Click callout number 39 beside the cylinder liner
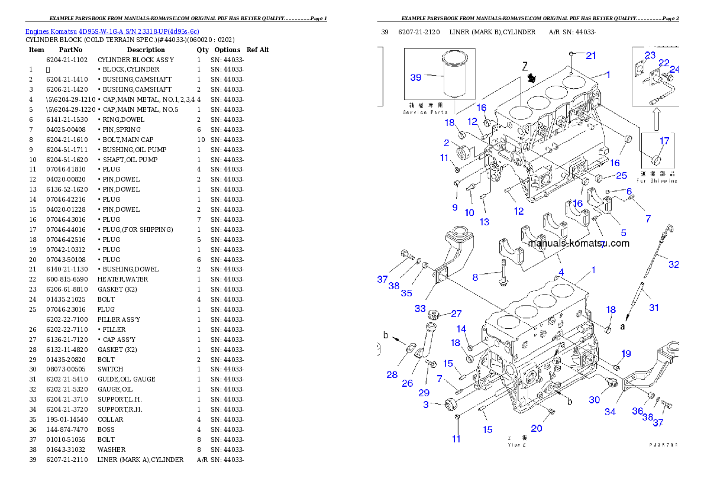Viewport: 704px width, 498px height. [416, 77]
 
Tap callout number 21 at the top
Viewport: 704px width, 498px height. [591, 56]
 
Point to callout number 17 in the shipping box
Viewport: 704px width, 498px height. [664, 141]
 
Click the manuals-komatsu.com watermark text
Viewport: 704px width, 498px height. [579, 243]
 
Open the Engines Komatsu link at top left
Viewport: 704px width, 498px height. [112, 31]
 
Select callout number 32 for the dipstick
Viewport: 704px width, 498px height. [673, 264]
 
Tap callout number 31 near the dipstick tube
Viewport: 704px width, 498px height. [653, 308]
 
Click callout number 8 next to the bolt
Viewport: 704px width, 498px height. [474, 277]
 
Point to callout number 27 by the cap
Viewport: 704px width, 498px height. [456, 313]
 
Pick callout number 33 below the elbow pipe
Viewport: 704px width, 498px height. [420, 308]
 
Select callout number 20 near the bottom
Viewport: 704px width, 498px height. [536, 428]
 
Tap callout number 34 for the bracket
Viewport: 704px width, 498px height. [610, 412]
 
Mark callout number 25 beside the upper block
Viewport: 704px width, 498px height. [621, 176]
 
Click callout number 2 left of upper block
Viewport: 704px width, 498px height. [447, 143]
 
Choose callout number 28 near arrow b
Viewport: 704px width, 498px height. [392, 374]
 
